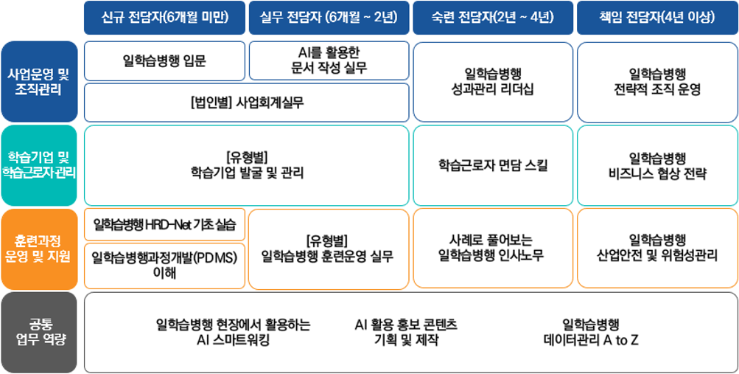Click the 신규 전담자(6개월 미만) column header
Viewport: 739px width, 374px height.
coord(165,18)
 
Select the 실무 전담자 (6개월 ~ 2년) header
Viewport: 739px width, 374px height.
coord(329,18)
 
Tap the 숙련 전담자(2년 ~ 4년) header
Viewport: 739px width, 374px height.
coord(493,18)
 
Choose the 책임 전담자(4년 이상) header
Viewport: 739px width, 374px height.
coord(657,18)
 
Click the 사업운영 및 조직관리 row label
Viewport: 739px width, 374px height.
coord(39,82)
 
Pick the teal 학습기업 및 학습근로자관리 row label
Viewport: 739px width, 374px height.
coord(39,165)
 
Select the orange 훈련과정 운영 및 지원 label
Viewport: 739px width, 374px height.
coord(39,249)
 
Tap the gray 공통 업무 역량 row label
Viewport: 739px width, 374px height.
coord(39,332)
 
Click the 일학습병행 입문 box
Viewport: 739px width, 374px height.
coord(165,60)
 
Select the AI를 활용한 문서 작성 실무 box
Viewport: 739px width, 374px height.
coord(329,60)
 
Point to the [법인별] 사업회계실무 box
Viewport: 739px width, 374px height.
coord(247,103)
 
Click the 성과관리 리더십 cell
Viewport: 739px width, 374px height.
coord(493,82)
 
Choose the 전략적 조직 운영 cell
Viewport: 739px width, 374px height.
coord(657,82)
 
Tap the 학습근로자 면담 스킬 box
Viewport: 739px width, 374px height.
coord(493,165)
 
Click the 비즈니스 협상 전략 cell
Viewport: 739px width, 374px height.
coord(657,165)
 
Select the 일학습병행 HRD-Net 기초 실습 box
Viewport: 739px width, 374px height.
coord(165,224)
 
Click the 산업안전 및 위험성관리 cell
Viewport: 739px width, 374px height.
coord(657,249)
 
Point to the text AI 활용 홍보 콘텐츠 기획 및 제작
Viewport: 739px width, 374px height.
coord(406,332)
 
